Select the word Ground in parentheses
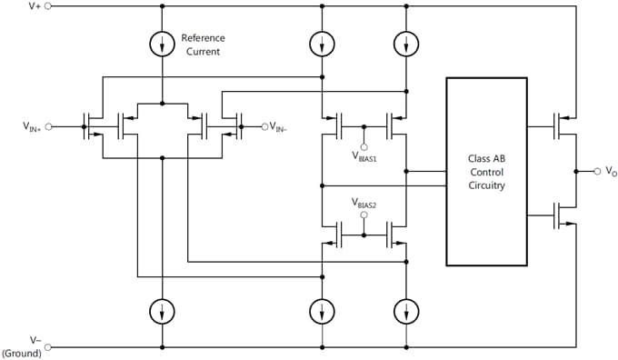[22, 353]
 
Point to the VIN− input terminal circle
[264, 126]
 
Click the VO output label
[610, 171]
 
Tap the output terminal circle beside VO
[595, 170]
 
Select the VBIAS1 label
[364, 155]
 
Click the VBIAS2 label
[364, 203]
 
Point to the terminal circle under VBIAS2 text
[364, 215]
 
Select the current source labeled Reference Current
[162, 43]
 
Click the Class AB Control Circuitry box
[486, 171]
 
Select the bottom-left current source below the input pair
[162, 311]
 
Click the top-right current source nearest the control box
[406, 43]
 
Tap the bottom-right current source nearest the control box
[406, 311]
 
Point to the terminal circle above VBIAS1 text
[364, 145]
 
